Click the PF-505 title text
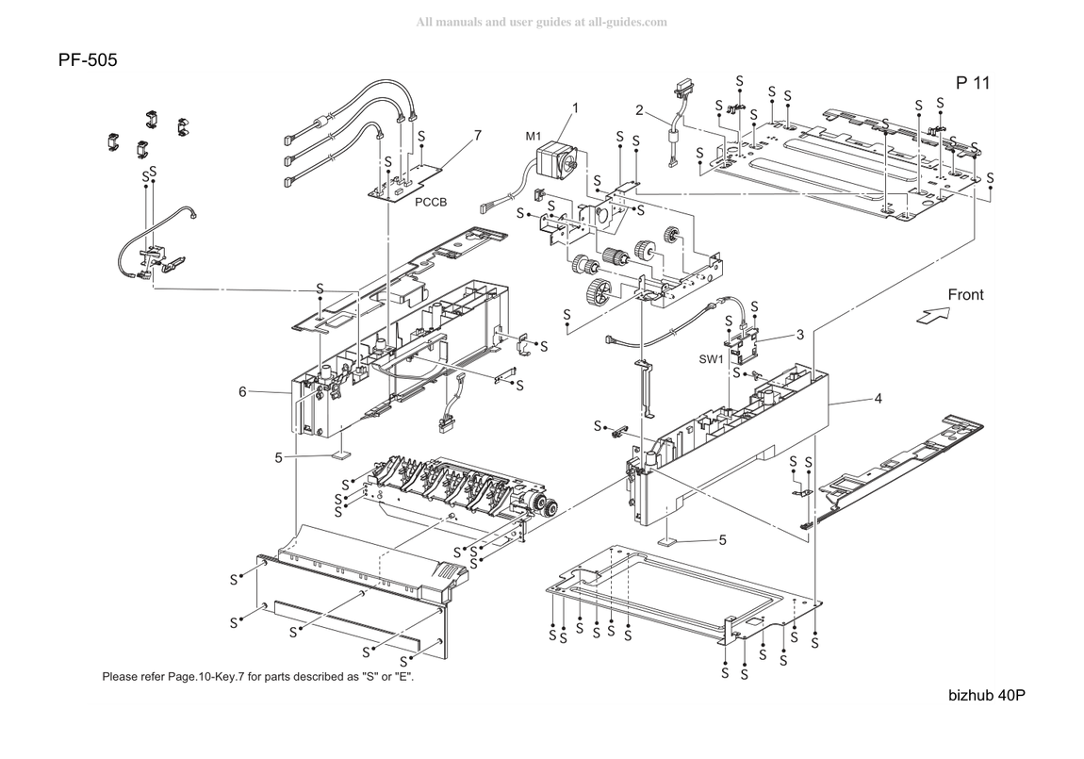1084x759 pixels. point(88,60)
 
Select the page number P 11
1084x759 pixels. point(973,83)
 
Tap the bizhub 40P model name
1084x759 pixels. point(987,696)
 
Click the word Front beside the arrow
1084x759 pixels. point(965,294)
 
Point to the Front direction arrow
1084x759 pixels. point(932,315)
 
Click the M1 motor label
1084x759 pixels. point(533,136)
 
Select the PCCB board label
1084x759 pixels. point(431,202)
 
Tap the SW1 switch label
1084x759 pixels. point(711,359)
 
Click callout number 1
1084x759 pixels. point(575,108)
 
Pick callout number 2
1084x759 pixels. point(639,110)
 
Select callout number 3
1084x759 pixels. point(800,336)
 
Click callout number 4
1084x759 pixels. point(878,399)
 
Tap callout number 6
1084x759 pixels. point(242,392)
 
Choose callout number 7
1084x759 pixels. point(478,136)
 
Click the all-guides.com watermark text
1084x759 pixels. point(541,22)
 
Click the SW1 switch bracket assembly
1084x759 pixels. point(741,343)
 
